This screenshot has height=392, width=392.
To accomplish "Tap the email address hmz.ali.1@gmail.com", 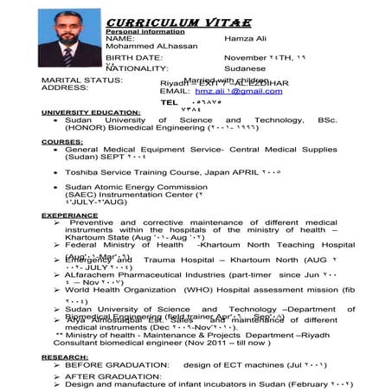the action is [227, 90].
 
